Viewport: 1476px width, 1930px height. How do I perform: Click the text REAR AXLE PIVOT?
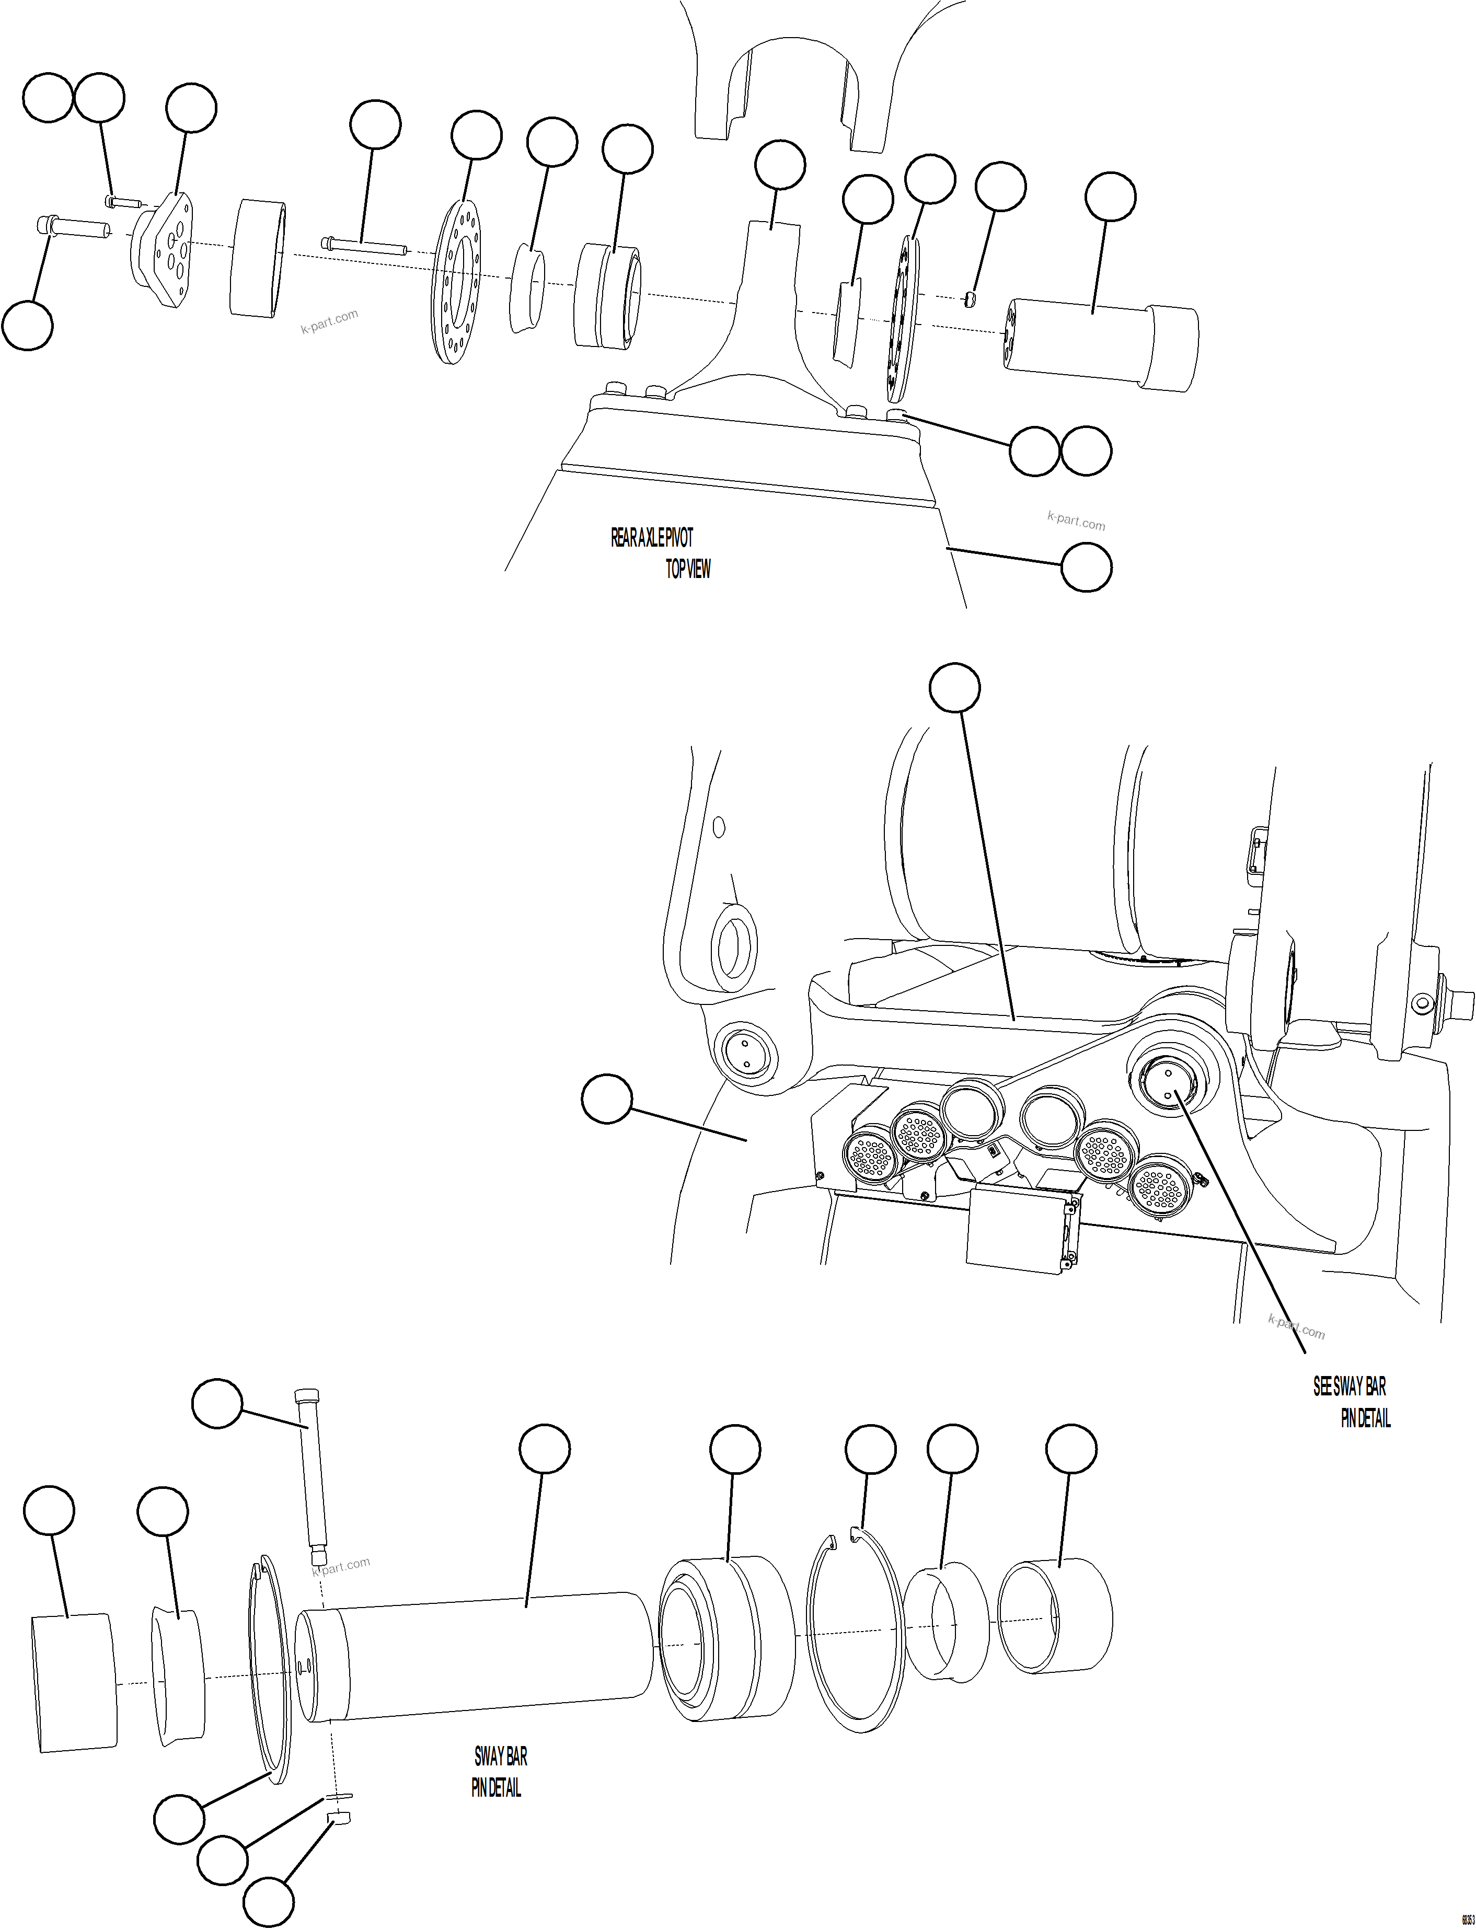(x=652, y=538)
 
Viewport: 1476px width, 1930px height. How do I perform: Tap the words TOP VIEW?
(x=688, y=569)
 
